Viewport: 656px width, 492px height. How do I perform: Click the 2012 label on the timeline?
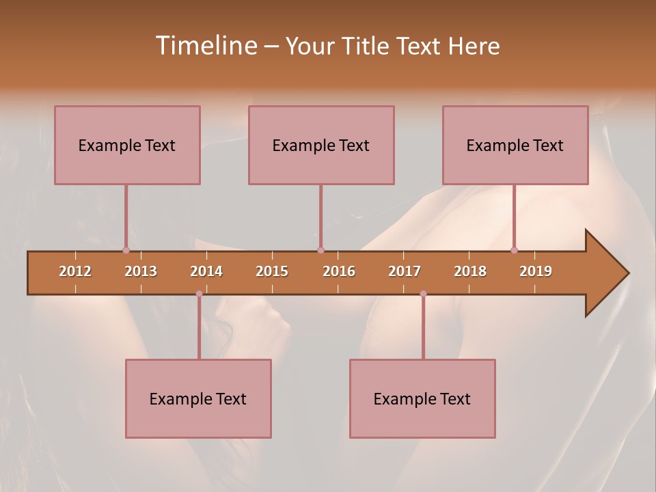pyautogui.click(x=75, y=271)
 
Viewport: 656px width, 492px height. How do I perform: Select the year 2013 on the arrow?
pyautogui.click(x=141, y=271)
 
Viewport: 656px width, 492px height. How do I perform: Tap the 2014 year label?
pyautogui.click(x=206, y=271)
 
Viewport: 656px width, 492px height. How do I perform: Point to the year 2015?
pyautogui.click(x=272, y=271)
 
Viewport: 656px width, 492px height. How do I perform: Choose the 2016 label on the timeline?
pyautogui.click(x=339, y=271)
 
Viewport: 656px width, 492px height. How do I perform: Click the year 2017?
pyautogui.click(x=405, y=271)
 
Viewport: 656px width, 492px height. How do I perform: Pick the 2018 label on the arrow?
pyautogui.click(x=470, y=271)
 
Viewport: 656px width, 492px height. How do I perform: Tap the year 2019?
pyautogui.click(x=536, y=271)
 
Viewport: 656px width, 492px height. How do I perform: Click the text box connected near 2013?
pyautogui.click(x=127, y=145)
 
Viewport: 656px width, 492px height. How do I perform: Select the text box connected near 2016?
pyautogui.click(x=321, y=145)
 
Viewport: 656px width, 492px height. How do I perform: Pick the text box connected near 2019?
pyautogui.click(x=515, y=145)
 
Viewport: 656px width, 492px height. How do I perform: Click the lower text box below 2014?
pyautogui.click(x=198, y=398)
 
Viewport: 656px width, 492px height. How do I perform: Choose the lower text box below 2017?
pyautogui.click(x=422, y=398)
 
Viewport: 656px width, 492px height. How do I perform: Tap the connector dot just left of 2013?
pyautogui.click(x=126, y=250)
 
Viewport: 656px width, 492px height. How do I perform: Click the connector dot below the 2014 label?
pyautogui.click(x=199, y=294)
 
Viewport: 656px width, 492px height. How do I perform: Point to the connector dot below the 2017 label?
pyautogui.click(x=423, y=294)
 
